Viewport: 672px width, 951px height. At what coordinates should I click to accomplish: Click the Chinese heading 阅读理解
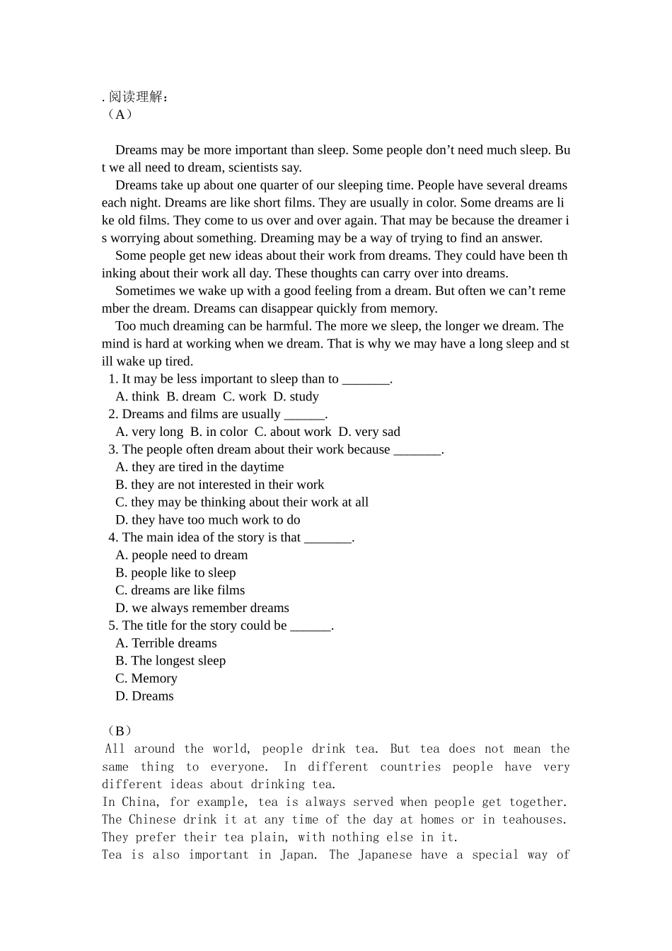coord(138,97)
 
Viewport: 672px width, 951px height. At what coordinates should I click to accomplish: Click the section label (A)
coord(118,115)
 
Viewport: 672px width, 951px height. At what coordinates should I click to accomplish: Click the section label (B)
coord(118,731)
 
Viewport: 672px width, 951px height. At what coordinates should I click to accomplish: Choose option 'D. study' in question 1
coord(296,397)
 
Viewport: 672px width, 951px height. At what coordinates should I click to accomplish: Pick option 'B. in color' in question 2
coord(219,432)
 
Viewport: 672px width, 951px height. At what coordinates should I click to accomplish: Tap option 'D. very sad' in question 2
coord(369,432)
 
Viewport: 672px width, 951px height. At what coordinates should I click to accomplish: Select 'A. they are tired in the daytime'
coord(199,467)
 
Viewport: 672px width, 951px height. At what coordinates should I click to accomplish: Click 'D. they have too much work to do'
coord(207,520)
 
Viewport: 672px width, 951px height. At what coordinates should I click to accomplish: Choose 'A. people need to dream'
coord(182,555)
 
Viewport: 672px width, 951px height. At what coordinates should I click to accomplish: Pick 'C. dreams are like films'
coord(180,590)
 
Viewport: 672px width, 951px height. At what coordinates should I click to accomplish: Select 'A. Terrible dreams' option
coord(166,643)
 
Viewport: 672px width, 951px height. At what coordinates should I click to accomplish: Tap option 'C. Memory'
coord(146,679)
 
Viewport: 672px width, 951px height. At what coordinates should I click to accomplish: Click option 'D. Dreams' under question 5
coord(144,696)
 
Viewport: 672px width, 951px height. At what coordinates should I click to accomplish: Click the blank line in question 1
coord(366,380)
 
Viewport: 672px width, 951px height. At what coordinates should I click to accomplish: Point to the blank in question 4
coord(328,538)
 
